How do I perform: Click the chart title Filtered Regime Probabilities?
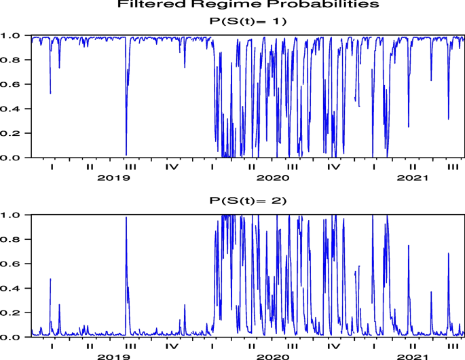coord(248,5)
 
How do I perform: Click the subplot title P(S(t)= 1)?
coord(248,21)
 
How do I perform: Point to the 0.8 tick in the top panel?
coord(16,60)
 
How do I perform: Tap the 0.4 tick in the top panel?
coord(16,109)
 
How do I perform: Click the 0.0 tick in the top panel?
coord(16,158)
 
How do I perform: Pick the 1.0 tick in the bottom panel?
coord(16,215)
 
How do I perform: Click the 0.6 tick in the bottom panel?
coord(16,264)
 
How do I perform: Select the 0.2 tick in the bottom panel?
coord(16,313)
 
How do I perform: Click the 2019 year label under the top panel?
coord(109,178)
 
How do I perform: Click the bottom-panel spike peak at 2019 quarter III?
coord(126,217)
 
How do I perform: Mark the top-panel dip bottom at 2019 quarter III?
coord(126,155)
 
